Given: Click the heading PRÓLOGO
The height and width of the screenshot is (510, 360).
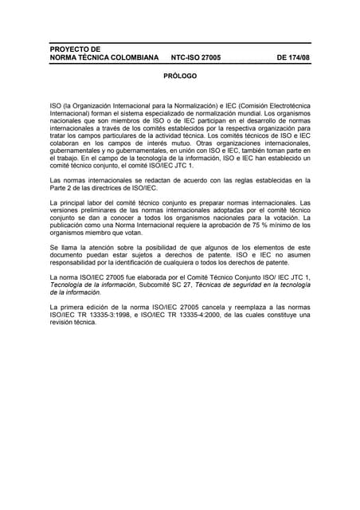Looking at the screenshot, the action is coord(179,76).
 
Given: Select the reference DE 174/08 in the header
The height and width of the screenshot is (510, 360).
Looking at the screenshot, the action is coord(293,58).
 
